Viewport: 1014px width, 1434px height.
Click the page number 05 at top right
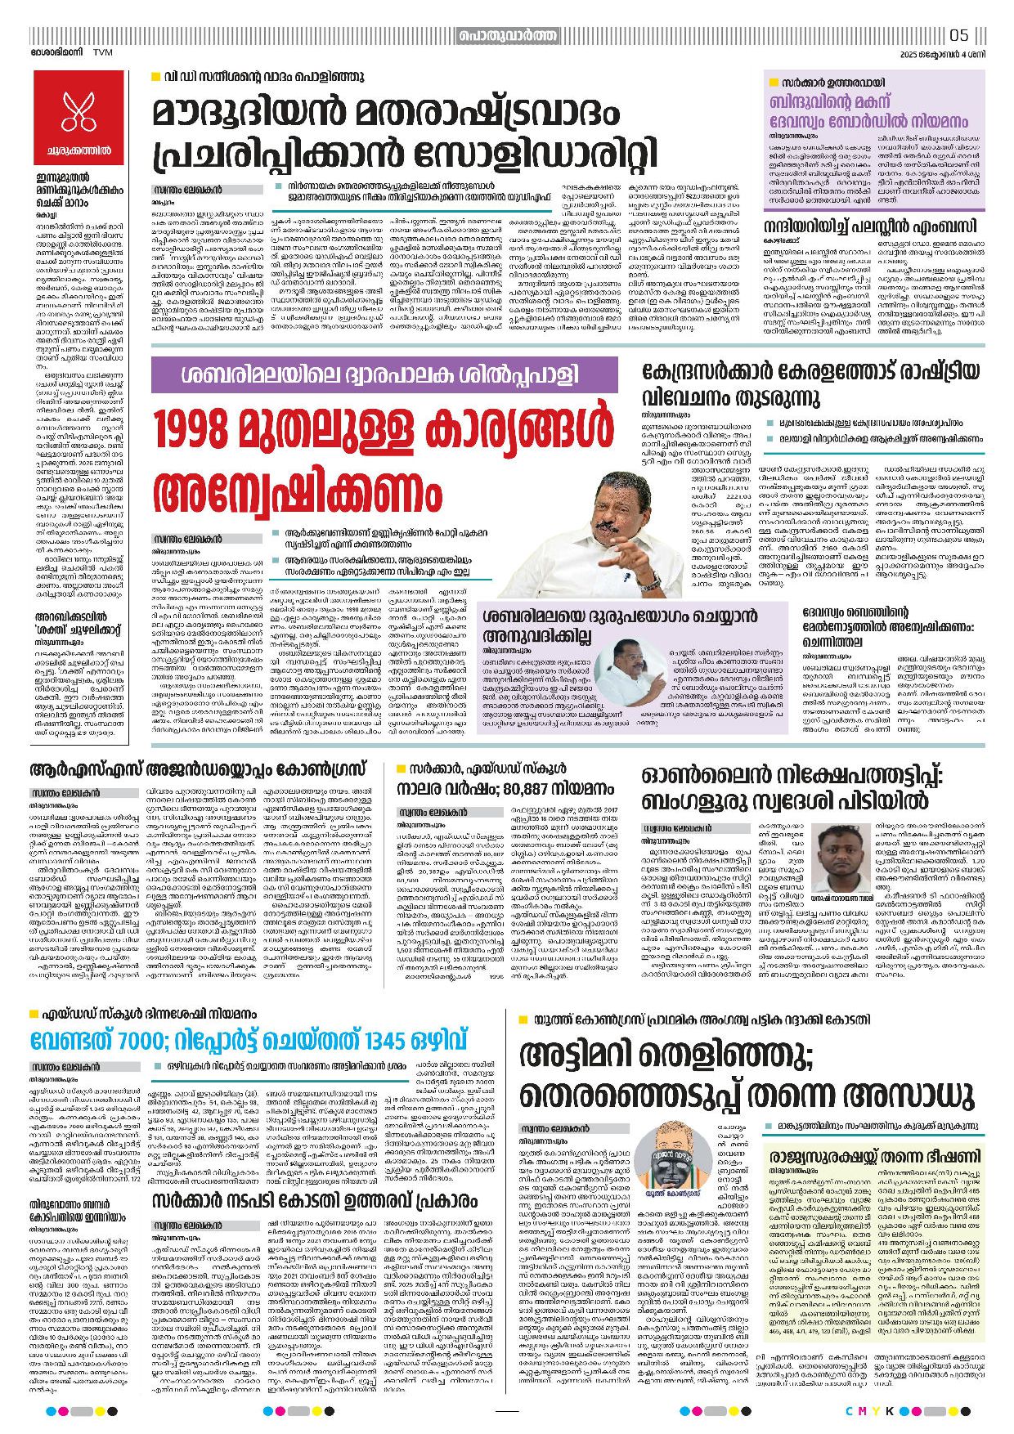(959, 35)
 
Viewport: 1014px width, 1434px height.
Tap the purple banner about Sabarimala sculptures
(384, 375)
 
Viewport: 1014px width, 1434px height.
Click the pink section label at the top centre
(507, 35)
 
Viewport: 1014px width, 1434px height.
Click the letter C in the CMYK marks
(850, 1411)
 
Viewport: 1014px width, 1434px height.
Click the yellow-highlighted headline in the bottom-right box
(874, 1156)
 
